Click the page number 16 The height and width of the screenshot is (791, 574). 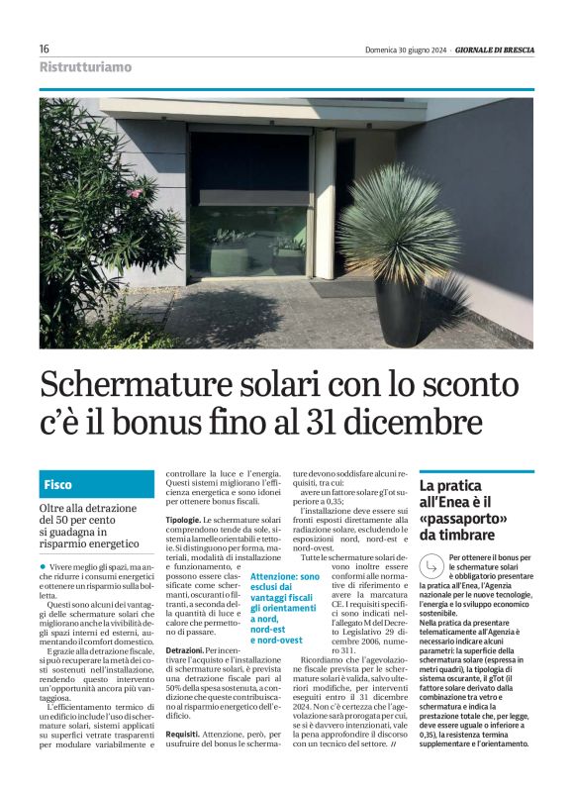[x=45, y=49]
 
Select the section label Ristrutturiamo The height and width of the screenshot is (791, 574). [x=85, y=67]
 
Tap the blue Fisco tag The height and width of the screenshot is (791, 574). [x=58, y=485]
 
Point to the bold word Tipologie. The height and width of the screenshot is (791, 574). [x=183, y=520]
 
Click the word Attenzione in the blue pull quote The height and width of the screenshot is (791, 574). [x=273, y=576]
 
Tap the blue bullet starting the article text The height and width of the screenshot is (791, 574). [x=43, y=564]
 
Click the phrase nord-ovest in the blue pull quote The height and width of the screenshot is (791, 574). [x=277, y=640]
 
